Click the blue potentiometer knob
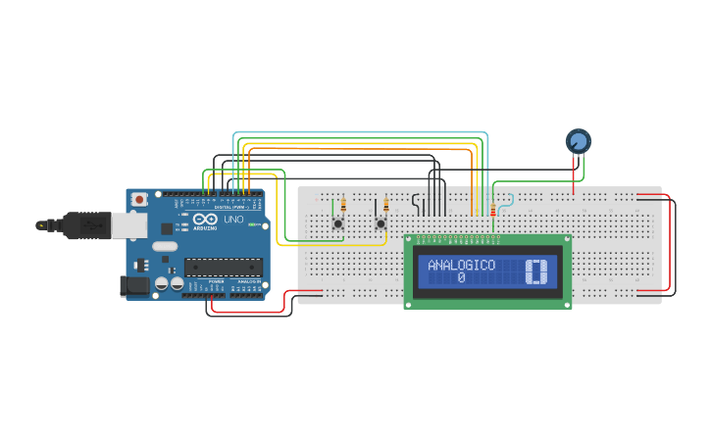579,142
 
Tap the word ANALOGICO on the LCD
461,266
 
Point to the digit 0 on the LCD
461,278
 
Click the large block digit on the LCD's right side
535,271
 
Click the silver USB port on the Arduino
126,226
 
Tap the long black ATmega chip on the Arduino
223,268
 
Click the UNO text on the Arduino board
233,221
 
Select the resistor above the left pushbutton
342,206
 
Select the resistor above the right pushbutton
385,206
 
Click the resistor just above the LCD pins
492,210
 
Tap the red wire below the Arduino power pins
250,311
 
